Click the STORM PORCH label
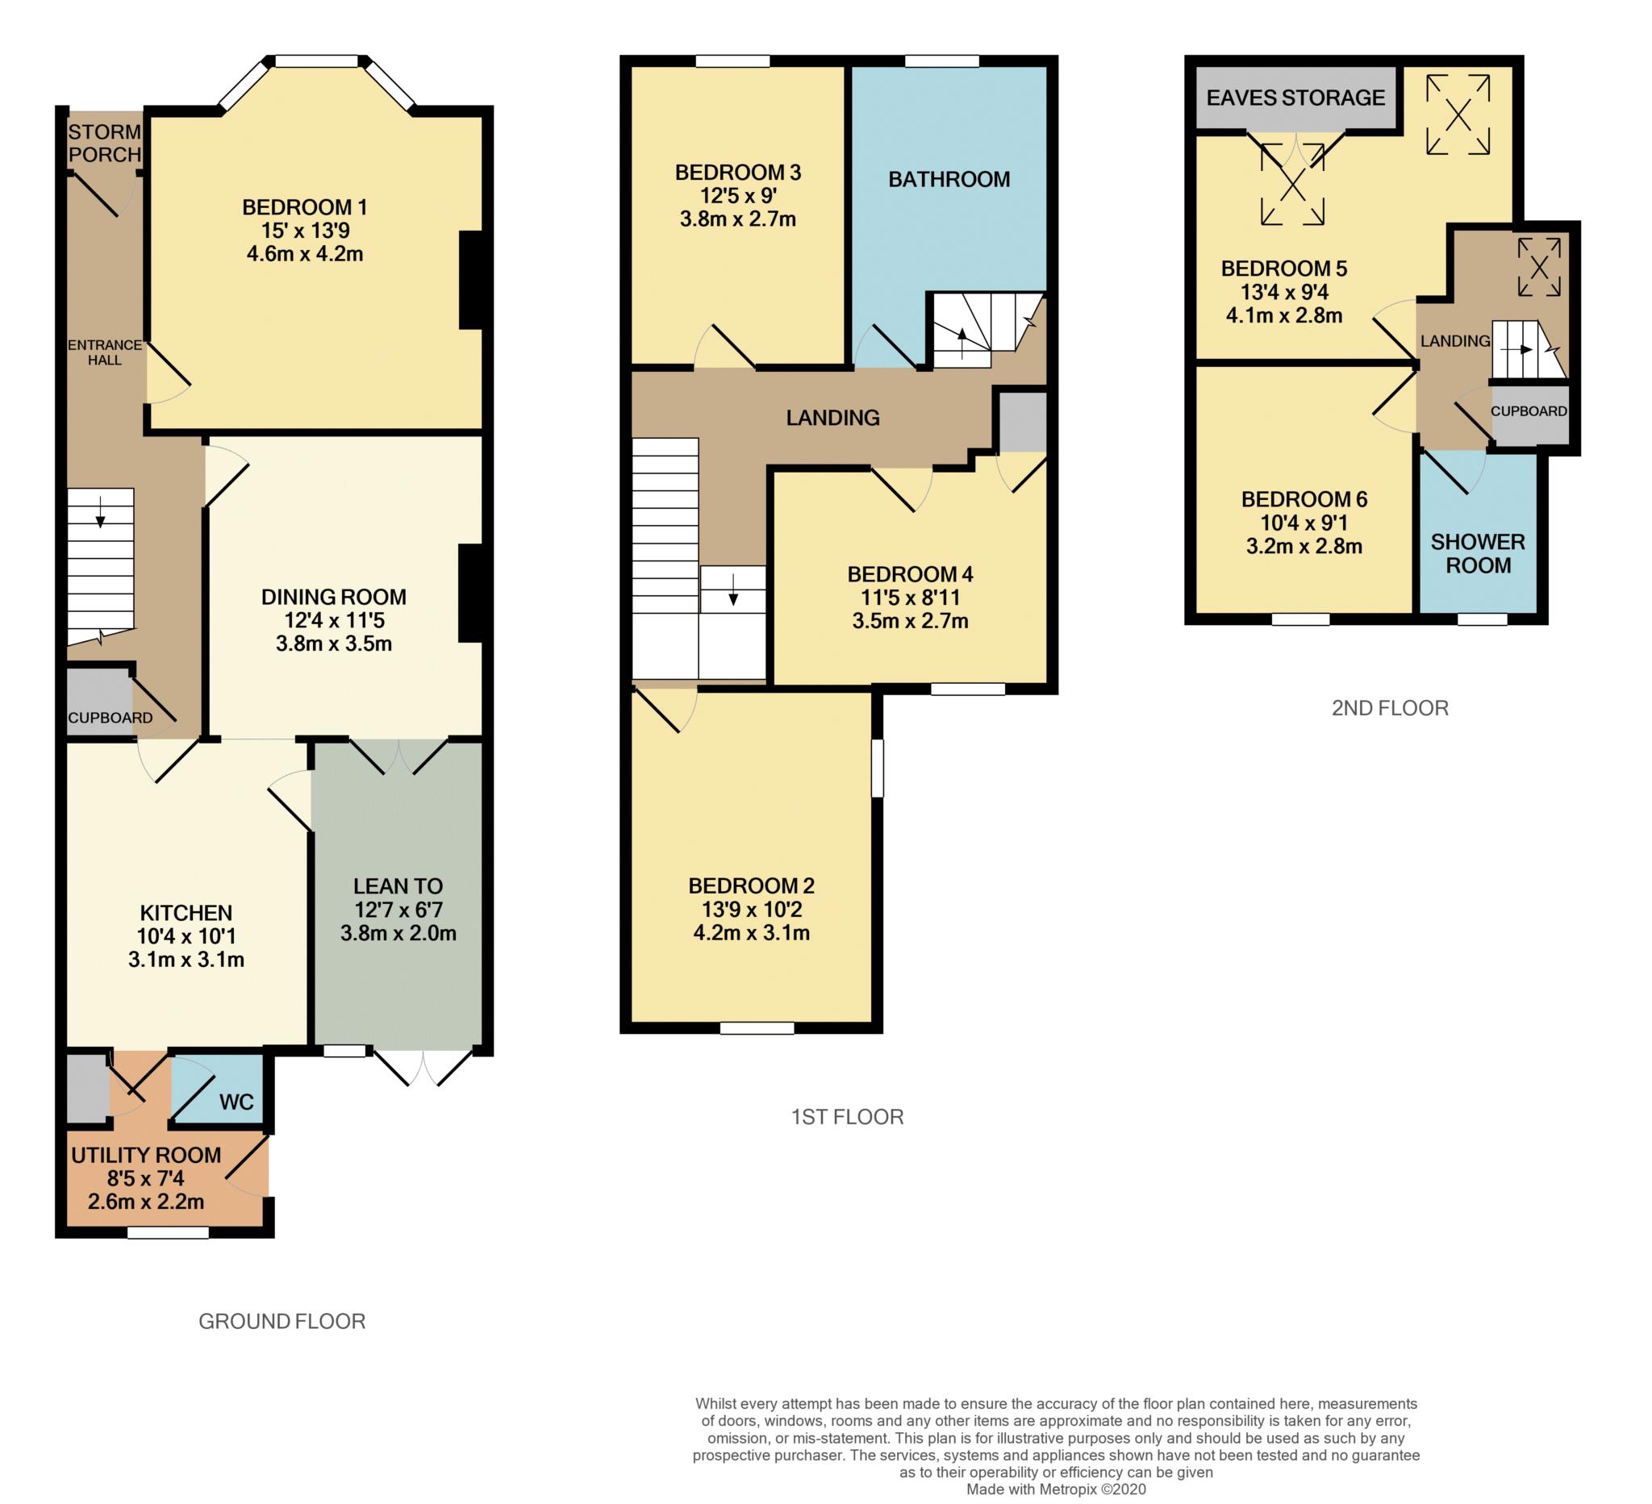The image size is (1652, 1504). tap(104, 144)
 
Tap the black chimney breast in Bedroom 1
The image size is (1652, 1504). tap(470, 280)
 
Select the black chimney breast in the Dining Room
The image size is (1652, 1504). tap(470, 593)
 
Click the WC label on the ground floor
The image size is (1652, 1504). tap(236, 1102)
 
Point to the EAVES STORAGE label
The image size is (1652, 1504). tap(1295, 98)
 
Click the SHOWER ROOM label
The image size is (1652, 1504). tap(1478, 554)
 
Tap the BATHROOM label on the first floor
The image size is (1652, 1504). tap(949, 179)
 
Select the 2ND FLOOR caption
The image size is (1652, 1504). tap(1390, 708)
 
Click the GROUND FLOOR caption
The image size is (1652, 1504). tap(282, 1321)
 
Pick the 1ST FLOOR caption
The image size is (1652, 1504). tap(847, 1118)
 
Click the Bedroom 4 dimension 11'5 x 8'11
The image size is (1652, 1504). tap(910, 598)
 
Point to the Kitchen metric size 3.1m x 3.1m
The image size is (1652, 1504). tap(186, 959)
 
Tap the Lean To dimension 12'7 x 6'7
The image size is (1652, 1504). tap(398, 910)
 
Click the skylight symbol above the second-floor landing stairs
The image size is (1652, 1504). tap(1539, 267)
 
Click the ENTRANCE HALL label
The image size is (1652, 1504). tap(104, 352)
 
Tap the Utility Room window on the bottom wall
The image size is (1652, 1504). tap(168, 1232)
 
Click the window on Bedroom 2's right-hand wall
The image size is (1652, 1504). tap(877, 769)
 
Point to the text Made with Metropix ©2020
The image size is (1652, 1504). tap(1056, 1489)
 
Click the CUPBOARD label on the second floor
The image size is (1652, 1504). tap(1529, 411)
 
